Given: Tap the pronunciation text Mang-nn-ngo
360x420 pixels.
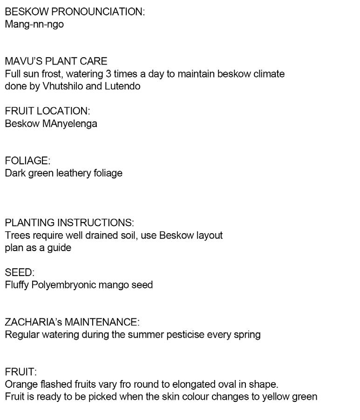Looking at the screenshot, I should [x=34, y=24].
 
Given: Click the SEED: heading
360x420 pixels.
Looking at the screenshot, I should [x=20, y=272].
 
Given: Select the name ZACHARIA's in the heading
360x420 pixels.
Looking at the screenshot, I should [x=33, y=322].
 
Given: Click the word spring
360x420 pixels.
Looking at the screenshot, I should [x=247, y=335].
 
